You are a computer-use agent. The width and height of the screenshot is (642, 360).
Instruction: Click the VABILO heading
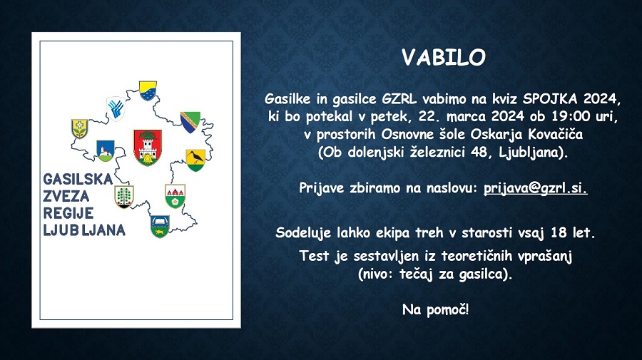point(444,58)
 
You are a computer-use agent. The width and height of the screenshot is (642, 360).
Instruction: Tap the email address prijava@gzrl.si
point(536,188)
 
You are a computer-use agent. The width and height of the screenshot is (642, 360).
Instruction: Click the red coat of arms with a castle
point(148,148)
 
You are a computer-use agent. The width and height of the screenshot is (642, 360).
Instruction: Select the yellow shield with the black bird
point(195,160)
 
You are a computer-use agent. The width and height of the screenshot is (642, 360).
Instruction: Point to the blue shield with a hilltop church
point(106,151)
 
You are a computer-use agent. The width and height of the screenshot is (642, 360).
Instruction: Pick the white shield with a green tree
point(124,197)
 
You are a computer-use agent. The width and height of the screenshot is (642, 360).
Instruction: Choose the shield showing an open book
point(160,226)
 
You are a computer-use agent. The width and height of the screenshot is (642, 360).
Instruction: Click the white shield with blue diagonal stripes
point(116,109)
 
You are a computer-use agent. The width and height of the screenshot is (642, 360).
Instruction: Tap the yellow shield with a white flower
point(79,129)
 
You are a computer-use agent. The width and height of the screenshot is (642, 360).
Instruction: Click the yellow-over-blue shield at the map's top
point(148,91)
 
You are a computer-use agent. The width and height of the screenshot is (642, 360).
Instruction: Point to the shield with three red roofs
point(175,196)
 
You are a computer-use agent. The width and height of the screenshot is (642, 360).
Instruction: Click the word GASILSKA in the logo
point(78,179)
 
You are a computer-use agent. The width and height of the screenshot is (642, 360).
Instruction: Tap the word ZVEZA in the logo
point(66,196)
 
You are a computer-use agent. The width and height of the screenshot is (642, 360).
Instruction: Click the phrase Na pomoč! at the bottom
point(435,309)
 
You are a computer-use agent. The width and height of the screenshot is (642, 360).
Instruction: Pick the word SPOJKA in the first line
point(551,98)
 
